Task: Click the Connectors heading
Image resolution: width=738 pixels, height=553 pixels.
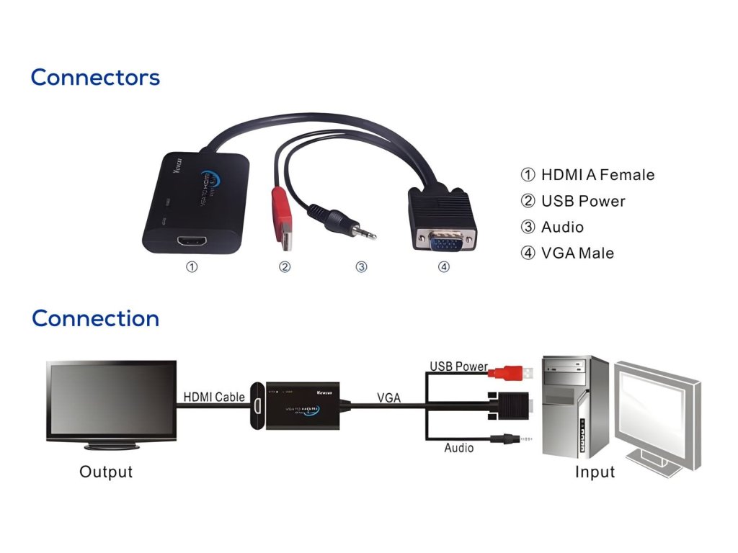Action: coord(95,78)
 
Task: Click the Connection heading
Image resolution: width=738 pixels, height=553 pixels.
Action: coord(95,318)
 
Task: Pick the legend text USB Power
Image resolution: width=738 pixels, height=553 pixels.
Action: coord(583,201)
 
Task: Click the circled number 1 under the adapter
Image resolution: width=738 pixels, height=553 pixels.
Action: coord(192,267)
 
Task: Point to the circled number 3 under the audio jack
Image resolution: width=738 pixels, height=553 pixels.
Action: coord(361,267)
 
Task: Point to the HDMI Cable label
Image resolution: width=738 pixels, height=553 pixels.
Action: coord(214,397)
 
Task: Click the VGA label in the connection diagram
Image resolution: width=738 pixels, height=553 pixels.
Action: coord(388,397)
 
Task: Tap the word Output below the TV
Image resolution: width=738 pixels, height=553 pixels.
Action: coord(106,472)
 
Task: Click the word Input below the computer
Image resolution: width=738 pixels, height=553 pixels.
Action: coord(595,472)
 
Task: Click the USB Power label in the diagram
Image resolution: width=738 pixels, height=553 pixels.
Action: coord(458,367)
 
